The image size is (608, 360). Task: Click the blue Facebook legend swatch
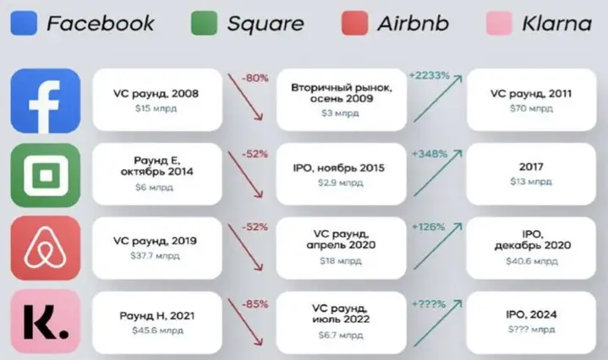[24, 24]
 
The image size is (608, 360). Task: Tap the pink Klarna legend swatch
[500, 24]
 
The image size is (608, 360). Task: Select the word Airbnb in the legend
[414, 24]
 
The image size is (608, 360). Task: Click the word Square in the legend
[266, 25]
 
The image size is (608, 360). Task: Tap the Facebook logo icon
[46, 101]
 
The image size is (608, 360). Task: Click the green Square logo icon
[46, 175]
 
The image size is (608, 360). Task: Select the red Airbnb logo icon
[46, 248]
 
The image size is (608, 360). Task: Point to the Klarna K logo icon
[46, 322]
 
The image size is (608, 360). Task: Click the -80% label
[255, 78]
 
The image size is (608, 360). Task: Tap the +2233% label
[430, 75]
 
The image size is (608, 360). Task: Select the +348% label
[430, 154]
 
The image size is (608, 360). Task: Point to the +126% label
[429, 226]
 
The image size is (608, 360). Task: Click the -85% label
[255, 304]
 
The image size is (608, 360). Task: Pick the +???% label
[429, 304]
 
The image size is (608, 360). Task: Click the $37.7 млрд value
[155, 256]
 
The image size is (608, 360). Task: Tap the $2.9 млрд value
[341, 183]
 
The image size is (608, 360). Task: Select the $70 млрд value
[531, 108]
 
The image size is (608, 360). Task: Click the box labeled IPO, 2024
[531, 323]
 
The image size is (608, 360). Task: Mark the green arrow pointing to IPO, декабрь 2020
[438, 246]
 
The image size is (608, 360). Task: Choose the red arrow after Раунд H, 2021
[245, 322]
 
